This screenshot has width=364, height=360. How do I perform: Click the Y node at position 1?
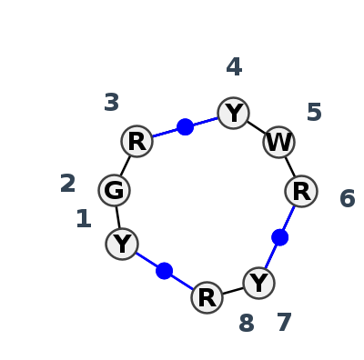[x=122, y=244]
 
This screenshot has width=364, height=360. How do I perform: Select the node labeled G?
[x=115, y=190]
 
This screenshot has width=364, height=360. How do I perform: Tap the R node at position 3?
[x=136, y=141]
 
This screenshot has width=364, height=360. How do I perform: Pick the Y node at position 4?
[x=234, y=113]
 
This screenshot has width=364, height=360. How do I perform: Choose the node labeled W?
[x=278, y=142]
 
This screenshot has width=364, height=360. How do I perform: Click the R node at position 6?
[x=301, y=191]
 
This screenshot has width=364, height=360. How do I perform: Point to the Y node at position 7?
[x=259, y=283]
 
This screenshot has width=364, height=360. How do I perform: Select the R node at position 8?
[x=207, y=297]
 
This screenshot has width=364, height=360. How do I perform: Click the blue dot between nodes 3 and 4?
[x=185, y=126]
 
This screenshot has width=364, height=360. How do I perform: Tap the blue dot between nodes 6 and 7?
[x=279, y=237]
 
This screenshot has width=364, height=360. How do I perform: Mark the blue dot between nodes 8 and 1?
[x=164, y=270]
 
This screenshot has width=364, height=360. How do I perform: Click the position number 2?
[x=67, y=185]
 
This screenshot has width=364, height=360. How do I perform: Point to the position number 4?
[x=234, y=67]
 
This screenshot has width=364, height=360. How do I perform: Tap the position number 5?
[x=314, y=113]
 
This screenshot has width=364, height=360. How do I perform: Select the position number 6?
[x=347, y=199]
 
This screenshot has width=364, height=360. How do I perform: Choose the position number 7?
[x=284, y=323]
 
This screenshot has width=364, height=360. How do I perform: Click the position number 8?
[x=246, y=324]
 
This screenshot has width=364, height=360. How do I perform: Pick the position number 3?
[x=111, y=103]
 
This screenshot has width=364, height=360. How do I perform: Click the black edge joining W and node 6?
[x=290, y=166]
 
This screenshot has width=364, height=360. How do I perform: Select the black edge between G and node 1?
[x=118, y=217]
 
